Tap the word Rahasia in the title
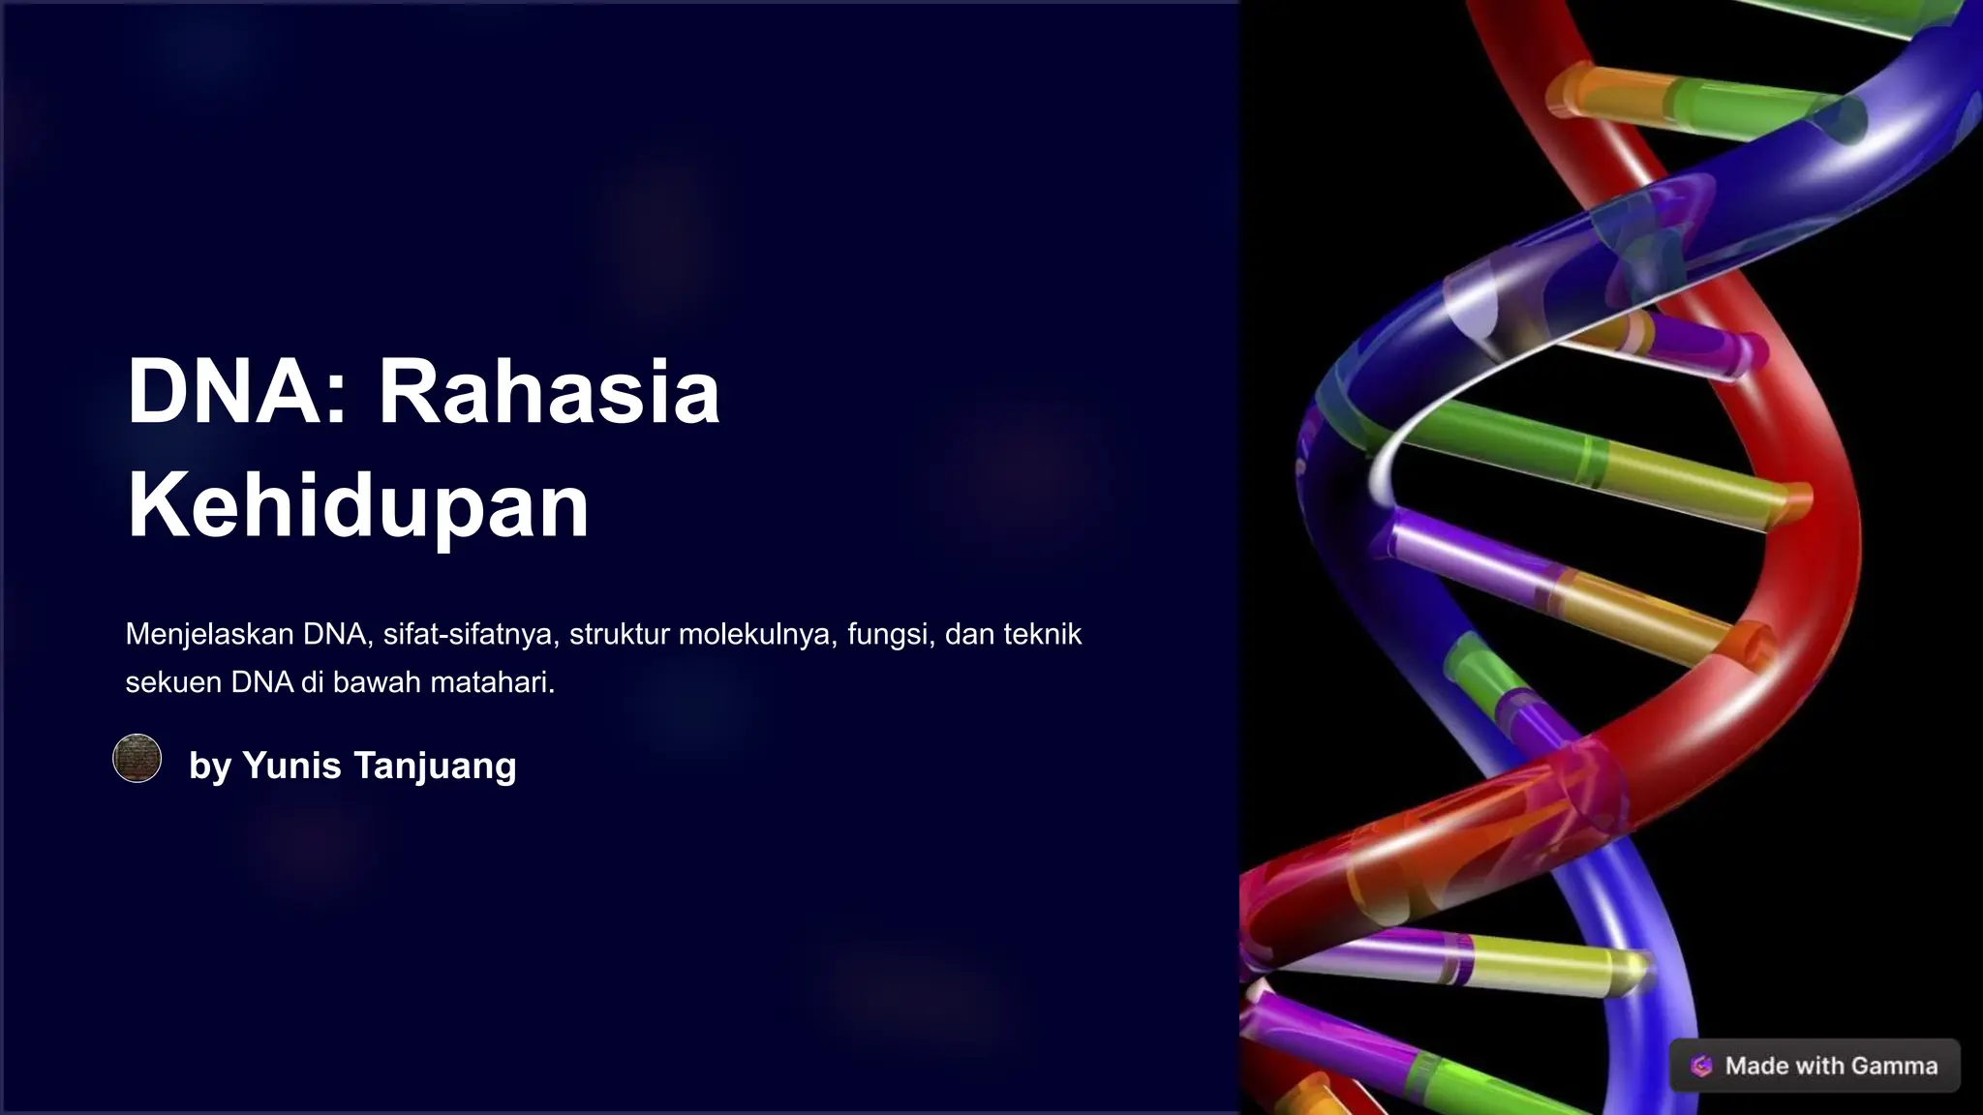(x=549, y=392)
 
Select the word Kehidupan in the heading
(x=358, y=504)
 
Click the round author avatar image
(x=137, y=758)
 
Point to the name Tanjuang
(x=435, y=766)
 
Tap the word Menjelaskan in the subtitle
(x=209, y=634)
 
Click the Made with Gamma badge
(x=1815, y=1066)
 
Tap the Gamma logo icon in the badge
(x=1701, y=1066)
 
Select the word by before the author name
(x=210, y=766)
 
